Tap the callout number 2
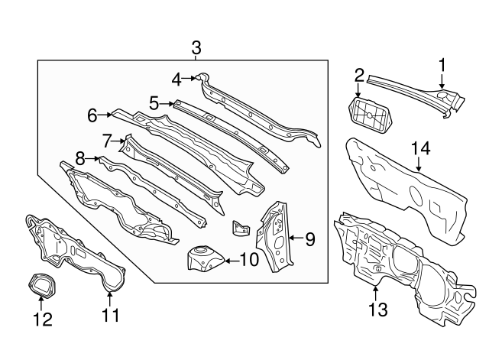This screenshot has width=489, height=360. [359, 74]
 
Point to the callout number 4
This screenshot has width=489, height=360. [176, 78]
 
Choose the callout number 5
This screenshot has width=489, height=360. [154, 102]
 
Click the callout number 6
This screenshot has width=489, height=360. [92, 115]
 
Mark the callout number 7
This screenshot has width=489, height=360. [108, 140]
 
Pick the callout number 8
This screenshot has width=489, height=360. [79, 159]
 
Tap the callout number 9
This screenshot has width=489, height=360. [309, 240]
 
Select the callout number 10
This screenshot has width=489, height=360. [249, 260]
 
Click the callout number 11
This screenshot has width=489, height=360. [111, 314]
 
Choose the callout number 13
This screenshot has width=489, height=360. [378, 309]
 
